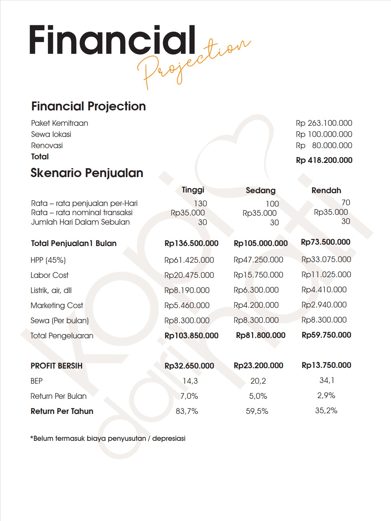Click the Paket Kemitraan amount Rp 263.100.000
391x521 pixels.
pyautogui.click(x=324, y=123)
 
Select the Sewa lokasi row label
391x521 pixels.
pyautogui.click(x=51, y=134)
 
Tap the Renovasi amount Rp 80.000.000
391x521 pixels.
pyautogui.click(x=324, y=146)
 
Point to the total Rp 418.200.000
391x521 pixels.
pyautogui.click(x=324, y=160)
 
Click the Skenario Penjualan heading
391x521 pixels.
pyautogui.click(x=87, y=173)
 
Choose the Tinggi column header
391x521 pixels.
pyautogui.click(x=193, y=190)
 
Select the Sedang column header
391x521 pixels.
pyautogui.click(x=260, y=191)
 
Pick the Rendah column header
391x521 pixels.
pyautogui.click(x=326, y=191)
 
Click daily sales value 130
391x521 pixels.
pyautogui.click(x=200, y=204)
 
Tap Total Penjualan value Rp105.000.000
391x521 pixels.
pyautogui.click(x=260, y=243)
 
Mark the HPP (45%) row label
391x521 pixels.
pyautogui.click(x=48, y=260)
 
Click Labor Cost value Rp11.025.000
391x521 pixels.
pyautogui.click(x=326, y=275)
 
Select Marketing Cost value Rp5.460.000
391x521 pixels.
pyautogui.click(x=187, y=306)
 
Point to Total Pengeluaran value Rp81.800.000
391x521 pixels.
pyautogui.click(x=260, y=335)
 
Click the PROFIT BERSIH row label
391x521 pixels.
pyautogui.click(x=56, y=366)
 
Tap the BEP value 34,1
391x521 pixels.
pyautogui.click(x=327, y=380)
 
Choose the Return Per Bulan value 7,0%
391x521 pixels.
pyautogui.click(x=189, y=396)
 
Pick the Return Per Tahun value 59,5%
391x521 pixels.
pyautogui.click(x=257, y=411)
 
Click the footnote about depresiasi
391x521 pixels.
pyautogui.click(x=108, y=439)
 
